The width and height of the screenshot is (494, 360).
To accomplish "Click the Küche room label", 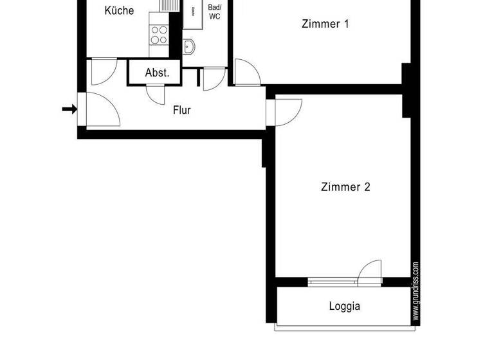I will pyautogui.click(x=119, y=11).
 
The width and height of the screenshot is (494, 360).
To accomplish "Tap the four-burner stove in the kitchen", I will pyautogui.click(x=158, y=34).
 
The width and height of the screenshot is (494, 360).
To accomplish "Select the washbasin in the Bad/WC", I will pyautogui.click(x=189, y=46).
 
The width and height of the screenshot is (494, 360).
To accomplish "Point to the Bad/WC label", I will pyautogui.click(x=214, y=12).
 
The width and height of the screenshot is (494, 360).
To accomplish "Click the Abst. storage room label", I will pyautogui.click(x=157, y=73).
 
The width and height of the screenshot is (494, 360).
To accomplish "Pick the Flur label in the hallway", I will pyautogui.click(x=182, y=110).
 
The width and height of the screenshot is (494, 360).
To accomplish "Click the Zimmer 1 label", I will pyautogui.click(x=325, y=24).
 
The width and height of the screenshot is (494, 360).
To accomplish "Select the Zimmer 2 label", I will pyautogui.click(x=345, y=187).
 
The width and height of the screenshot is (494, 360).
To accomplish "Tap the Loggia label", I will pyautogui.click(x=345, y=307).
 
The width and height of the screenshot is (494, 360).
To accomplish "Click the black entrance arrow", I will pyautogui.click(x=69, y=109).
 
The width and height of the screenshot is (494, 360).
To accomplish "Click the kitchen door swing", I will pyautogui.click(x=103, y=71).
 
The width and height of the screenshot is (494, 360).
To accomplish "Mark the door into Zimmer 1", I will pyautogui.click(x=247, y=72).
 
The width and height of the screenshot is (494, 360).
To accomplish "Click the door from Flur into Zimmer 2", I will pyautogui.click(x=288, y=112).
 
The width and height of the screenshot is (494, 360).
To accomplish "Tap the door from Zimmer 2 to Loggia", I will pyautogui.click(x=370, y=272).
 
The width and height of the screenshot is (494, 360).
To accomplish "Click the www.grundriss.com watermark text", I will pyautogui.click(x=416, y=291).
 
